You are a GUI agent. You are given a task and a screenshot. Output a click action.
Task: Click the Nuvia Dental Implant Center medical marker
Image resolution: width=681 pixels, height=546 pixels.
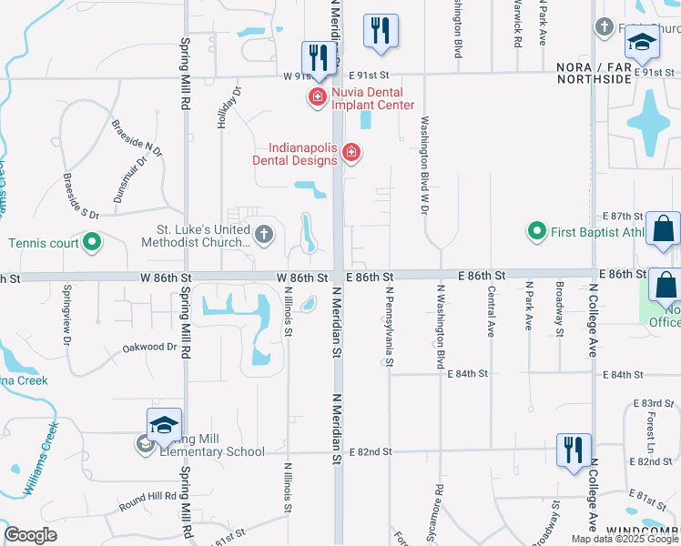pyautogui.click(x=318, y=96)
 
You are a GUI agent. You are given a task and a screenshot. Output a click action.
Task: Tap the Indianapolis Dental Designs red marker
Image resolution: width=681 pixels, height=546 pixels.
pyautogui.click(x=351, y=155)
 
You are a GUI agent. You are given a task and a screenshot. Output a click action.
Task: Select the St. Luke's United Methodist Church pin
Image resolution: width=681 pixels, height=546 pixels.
pyautogui.click(x=264, y=236)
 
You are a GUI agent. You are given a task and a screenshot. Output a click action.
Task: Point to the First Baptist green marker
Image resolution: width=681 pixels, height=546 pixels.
pyautogui.click(x=537, y=232)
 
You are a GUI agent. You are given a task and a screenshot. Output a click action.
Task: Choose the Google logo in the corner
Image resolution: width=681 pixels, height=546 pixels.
pyautogui.click(x=31, y=535)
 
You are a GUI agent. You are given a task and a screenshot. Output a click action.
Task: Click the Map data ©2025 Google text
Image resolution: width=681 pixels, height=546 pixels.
pyautogui.click(x=624, y=539)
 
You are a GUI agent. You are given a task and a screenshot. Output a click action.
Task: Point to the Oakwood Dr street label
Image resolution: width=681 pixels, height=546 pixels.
pyautogui.click(x=149, y=347)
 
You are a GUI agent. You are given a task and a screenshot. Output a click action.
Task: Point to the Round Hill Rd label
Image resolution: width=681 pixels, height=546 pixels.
pyautogui.click(x=145, y=497)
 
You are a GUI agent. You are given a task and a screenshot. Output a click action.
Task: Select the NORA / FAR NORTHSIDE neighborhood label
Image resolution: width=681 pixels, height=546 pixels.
pyautogui.click(x=594, y=73)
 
